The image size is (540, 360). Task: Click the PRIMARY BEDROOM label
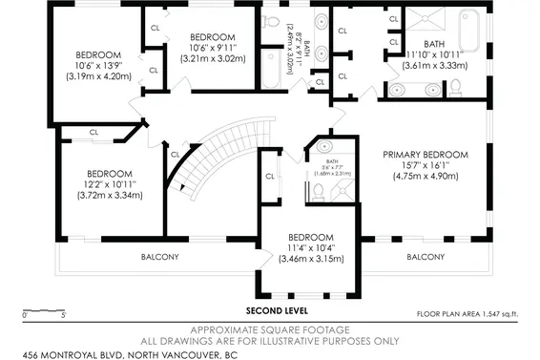point(425,155)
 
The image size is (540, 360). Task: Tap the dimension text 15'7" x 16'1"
point(425,165)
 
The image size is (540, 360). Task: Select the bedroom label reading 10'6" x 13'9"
point(98,66)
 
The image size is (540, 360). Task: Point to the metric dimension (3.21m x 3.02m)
point(213,58)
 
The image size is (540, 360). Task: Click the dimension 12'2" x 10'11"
point(109,184)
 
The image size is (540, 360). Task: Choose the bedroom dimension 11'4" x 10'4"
point(310,247)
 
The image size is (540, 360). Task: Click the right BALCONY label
point(425,257)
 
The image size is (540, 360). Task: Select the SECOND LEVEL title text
point(276,311)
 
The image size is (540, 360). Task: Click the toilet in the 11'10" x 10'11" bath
point(455,88)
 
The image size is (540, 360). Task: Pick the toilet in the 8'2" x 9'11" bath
point(271,21)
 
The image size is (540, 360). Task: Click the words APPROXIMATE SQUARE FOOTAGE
point(276,328)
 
